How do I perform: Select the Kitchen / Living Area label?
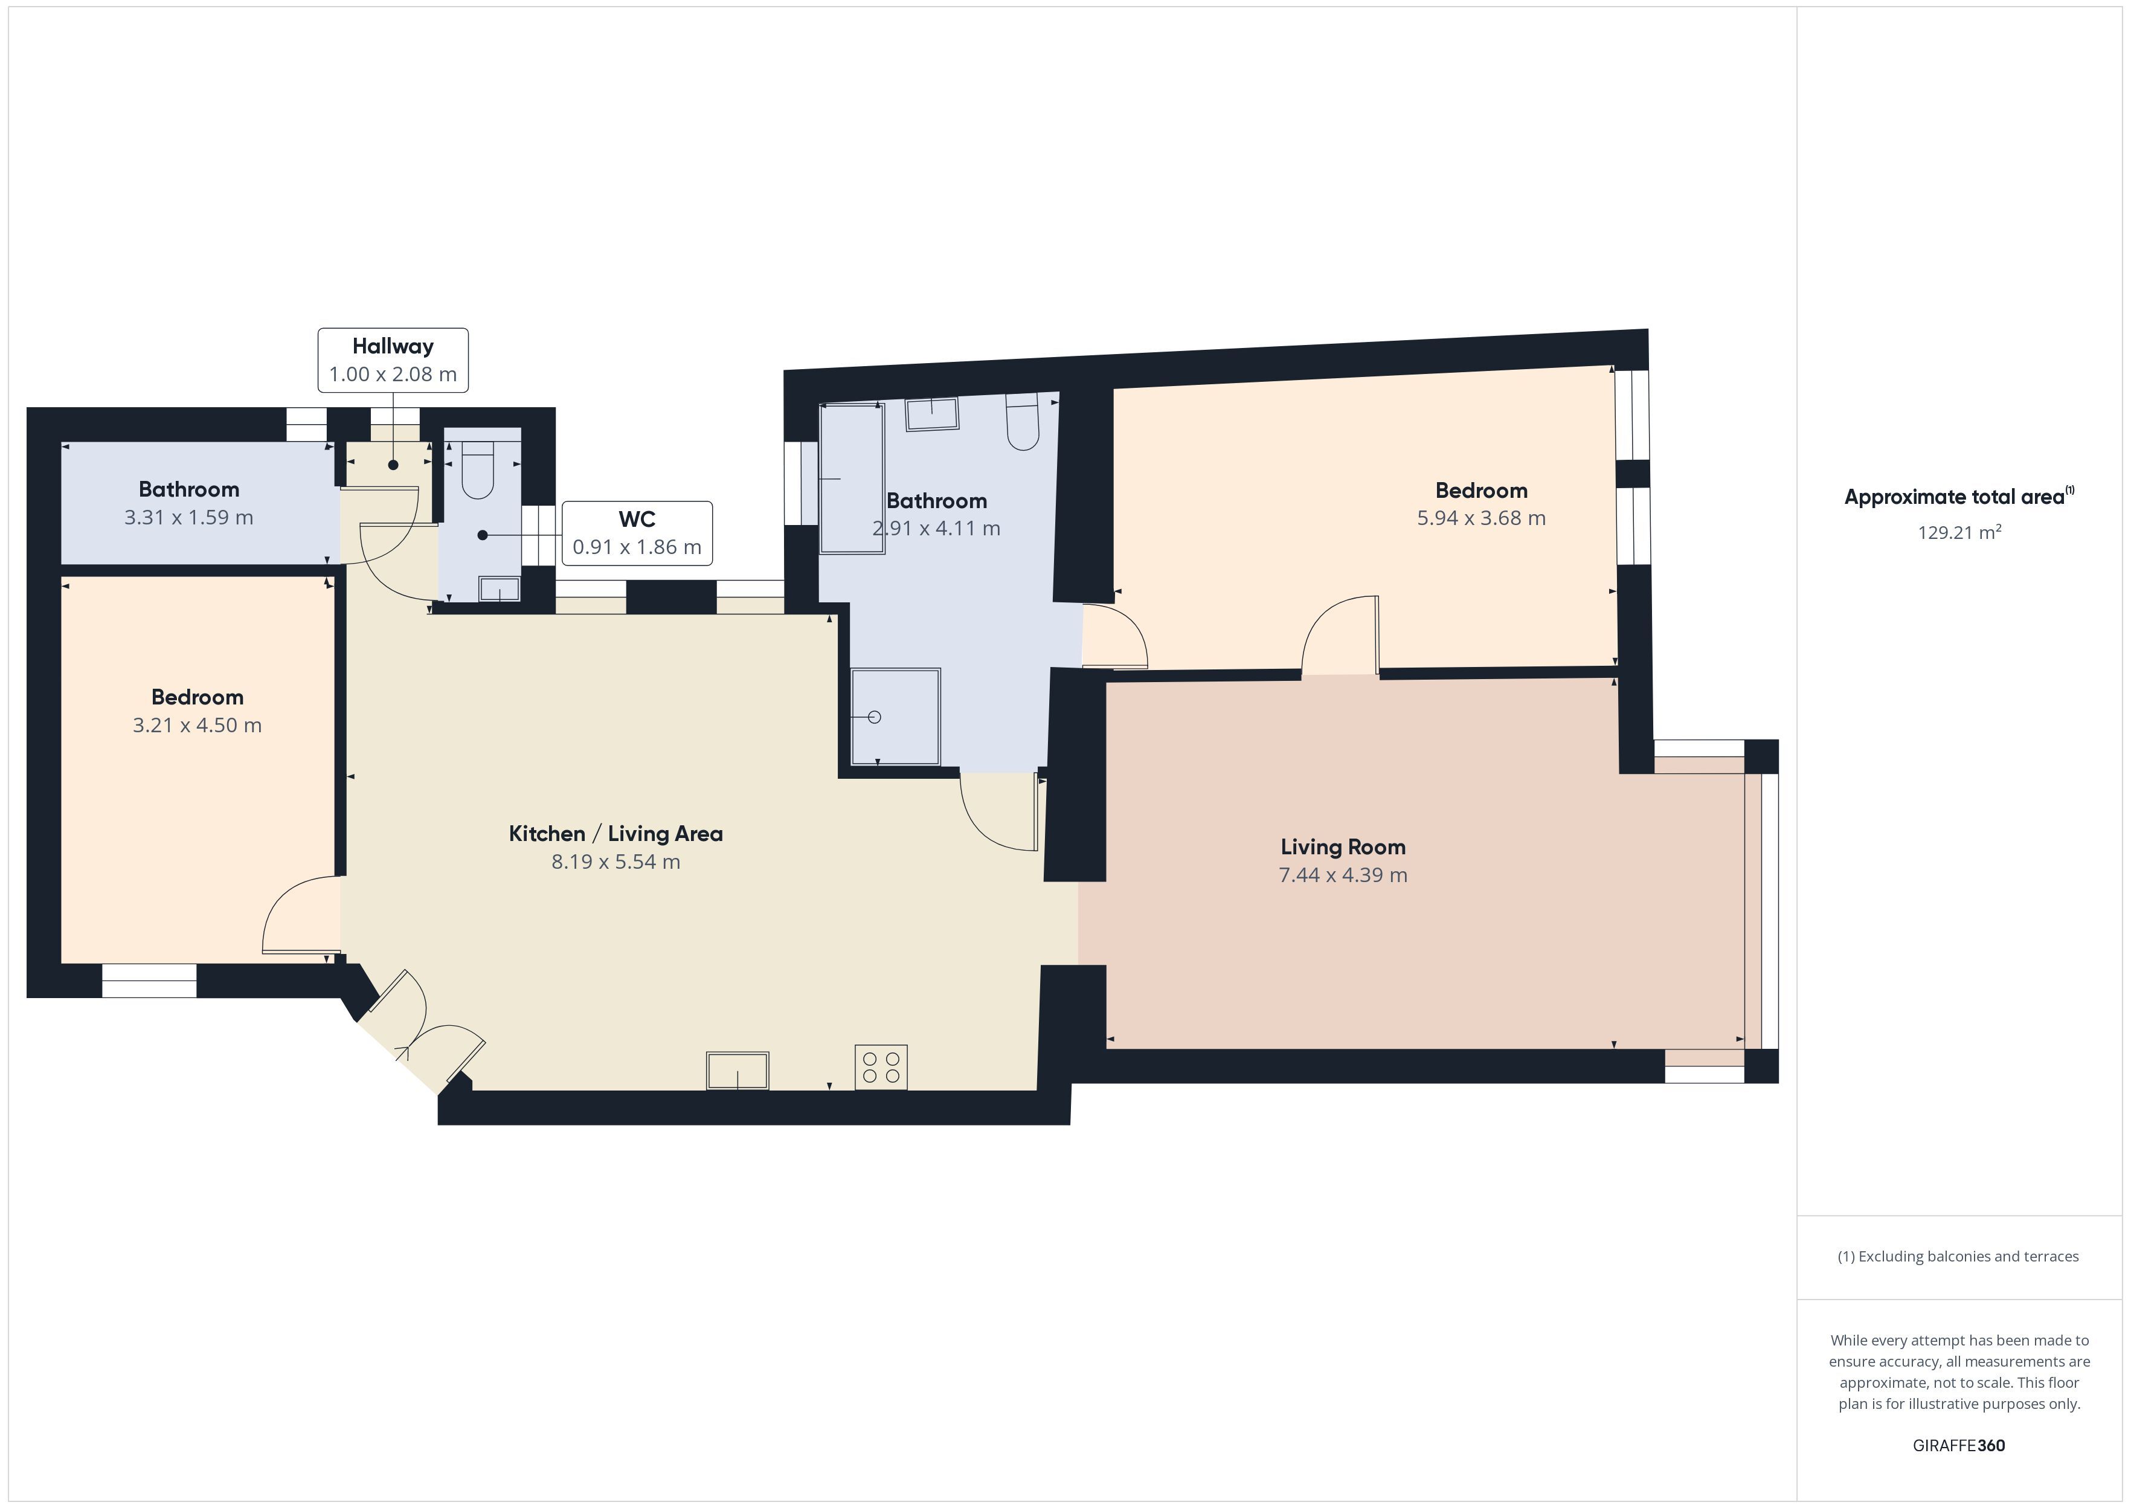616,834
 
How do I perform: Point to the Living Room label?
1343,847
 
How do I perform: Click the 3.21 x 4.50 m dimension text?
197,725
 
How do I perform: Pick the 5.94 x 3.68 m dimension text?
1481,518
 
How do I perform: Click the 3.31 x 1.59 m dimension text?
188,517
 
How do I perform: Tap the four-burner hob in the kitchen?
881,1067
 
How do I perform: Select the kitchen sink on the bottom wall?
738,1070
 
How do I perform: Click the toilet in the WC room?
478,470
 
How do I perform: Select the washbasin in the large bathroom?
932,414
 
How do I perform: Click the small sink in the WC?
500,588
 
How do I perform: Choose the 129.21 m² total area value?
1959,532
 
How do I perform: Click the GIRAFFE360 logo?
1958,1445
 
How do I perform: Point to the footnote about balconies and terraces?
1958,1256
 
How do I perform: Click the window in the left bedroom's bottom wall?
149,982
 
